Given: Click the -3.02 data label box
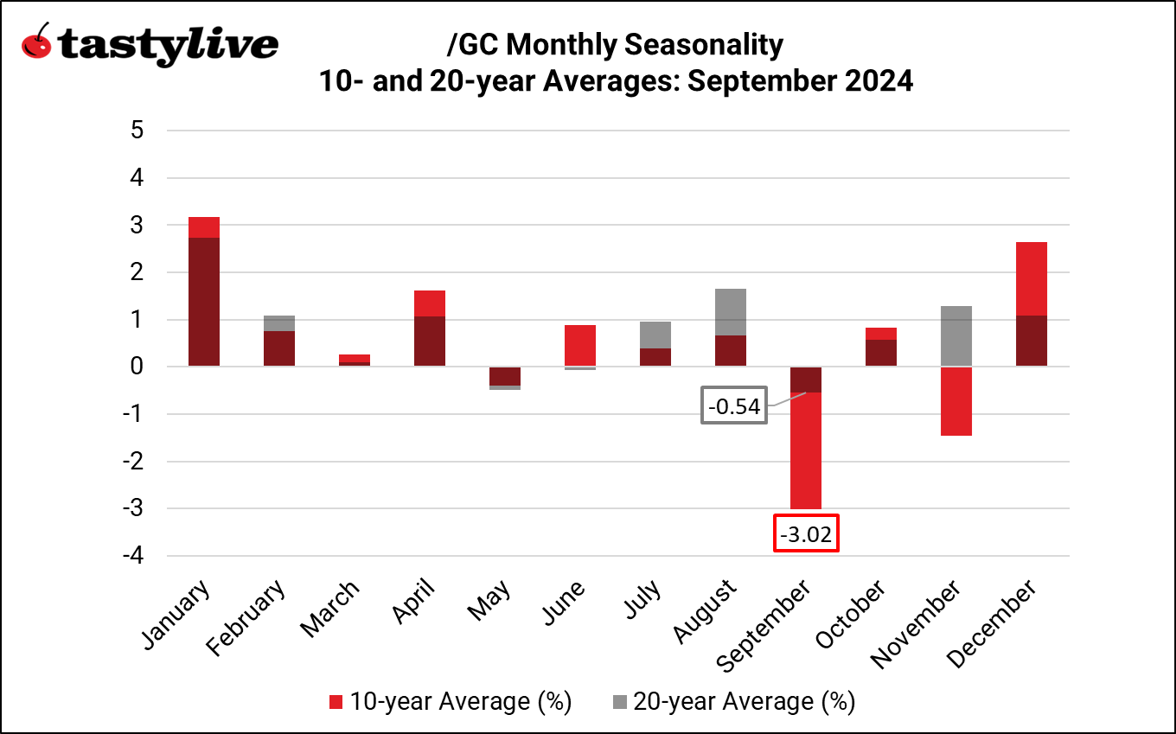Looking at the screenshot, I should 805,534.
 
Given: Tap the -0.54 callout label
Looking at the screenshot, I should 734,407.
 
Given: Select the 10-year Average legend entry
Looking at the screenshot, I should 451,701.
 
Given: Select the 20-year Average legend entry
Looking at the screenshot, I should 733,701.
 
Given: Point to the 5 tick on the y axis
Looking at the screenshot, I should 136,131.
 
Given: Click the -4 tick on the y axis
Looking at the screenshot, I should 131,556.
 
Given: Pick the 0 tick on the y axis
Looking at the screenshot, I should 136,367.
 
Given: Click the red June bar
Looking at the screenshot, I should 580,346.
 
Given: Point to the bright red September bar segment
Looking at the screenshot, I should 805,450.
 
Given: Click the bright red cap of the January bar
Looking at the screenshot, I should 203,227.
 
